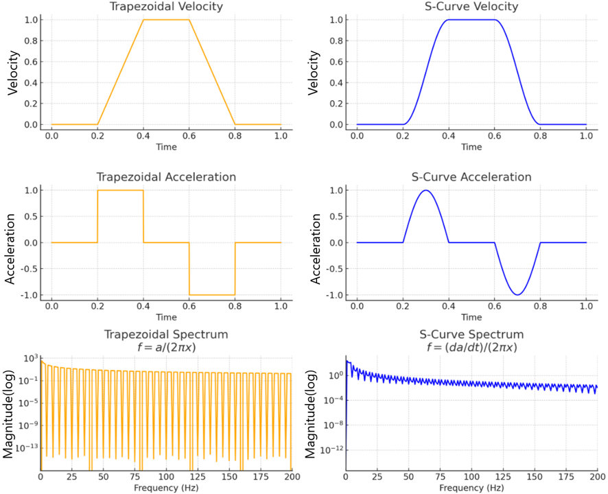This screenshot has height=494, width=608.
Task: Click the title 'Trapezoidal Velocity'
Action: [x=166, y=6]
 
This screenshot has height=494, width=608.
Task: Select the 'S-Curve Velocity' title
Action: [x=471, y=6]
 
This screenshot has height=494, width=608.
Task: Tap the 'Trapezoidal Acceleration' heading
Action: [x=166, y=177]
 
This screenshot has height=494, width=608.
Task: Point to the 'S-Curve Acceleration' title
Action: [x=471, y=177]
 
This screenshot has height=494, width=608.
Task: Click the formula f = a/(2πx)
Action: [x=166, y=347]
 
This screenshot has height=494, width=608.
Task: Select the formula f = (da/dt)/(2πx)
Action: [x=471, y=347]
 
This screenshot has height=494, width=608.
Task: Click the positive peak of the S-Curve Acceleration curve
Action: [x=425, y=190]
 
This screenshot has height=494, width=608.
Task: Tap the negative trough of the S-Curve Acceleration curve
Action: [x=517, y=295]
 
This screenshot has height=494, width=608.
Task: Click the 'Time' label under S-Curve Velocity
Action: [x=471, y=147]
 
